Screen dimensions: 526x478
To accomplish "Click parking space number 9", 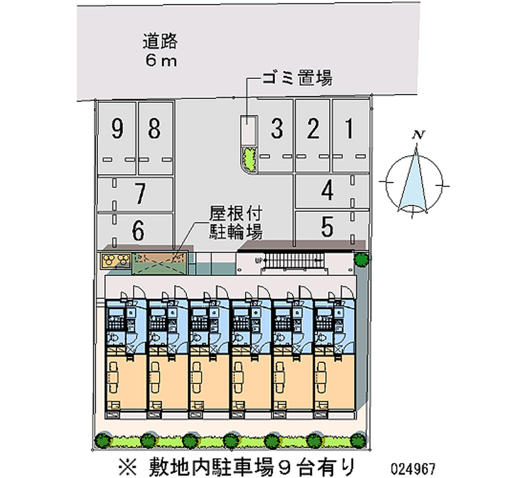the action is [117, 130].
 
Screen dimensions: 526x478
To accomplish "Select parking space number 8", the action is [154, 130].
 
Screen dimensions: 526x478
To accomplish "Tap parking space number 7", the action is [139, 194].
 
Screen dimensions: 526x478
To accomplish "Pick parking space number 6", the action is [138, 230].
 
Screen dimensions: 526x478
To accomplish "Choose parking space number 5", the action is [327, 227].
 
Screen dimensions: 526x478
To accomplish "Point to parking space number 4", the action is [327, 191].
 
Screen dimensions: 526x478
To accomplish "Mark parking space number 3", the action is [277, 130].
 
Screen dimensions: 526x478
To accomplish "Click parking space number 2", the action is [314, 130].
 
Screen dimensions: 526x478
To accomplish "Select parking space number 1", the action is [350, 130].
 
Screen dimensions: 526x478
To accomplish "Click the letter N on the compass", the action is [416, 135].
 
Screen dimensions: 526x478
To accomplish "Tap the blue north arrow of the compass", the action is [415, 179].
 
